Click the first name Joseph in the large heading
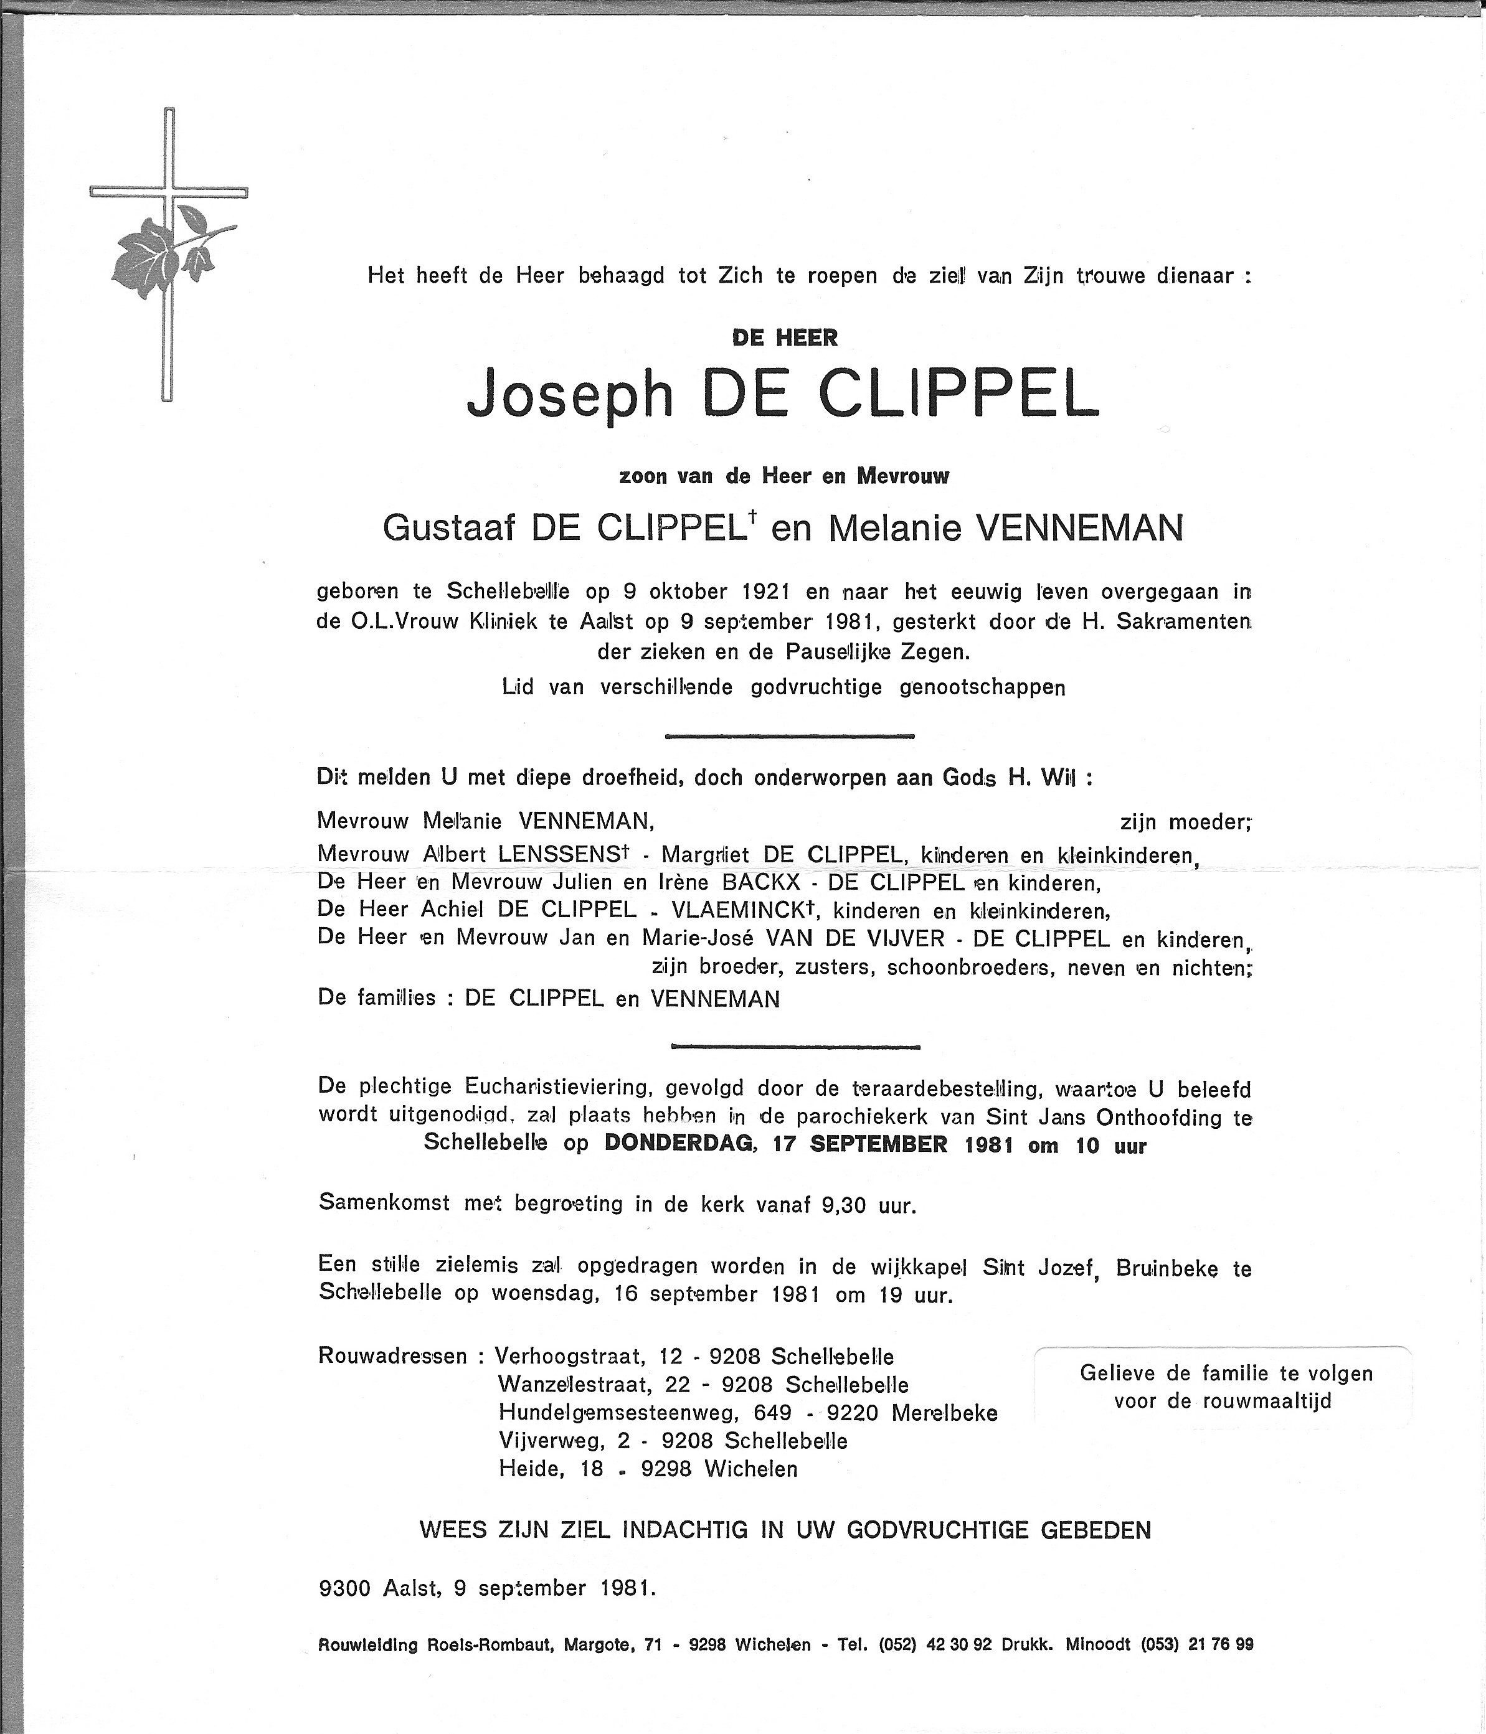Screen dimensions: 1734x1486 [x=569, y=396]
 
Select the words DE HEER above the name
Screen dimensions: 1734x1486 [x=785, y=337]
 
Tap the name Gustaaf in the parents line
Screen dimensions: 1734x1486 [x=447, y=528]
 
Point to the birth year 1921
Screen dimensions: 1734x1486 [x=766, y=591]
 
